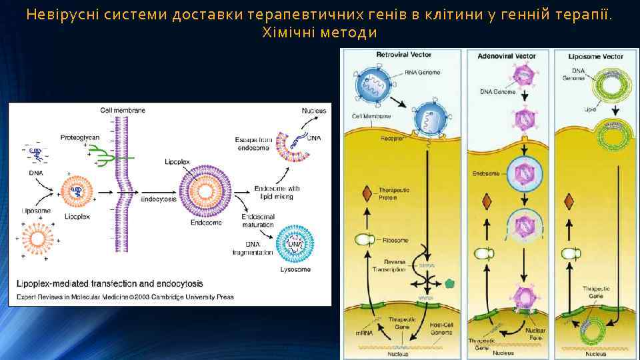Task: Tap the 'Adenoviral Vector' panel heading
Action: point(506,56)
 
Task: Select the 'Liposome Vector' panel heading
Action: point(595,56)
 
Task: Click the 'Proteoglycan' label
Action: point(80,137)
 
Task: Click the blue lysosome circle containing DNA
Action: point(294,245)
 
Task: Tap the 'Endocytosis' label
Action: point(159,199)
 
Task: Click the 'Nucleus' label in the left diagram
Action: point(314,110)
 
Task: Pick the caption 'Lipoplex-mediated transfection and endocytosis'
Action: point(110,283)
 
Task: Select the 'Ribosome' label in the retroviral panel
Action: point(395,240)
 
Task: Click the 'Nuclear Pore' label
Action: point(535,333)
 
